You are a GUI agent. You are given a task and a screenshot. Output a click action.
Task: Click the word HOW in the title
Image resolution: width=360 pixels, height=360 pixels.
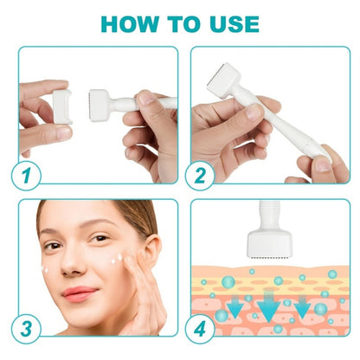click(x=130, y=22)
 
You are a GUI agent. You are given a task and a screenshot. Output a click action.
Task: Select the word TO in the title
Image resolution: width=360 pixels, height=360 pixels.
click(x=180, y=22)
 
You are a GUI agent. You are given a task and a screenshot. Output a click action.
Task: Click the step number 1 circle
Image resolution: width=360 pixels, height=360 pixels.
click(x=28, y=175)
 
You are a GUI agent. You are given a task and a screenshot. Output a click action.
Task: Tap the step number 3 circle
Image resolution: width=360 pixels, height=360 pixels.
click(x=28, y=329)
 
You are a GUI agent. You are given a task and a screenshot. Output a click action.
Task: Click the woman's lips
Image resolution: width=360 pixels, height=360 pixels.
click(x=80, y=293)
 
